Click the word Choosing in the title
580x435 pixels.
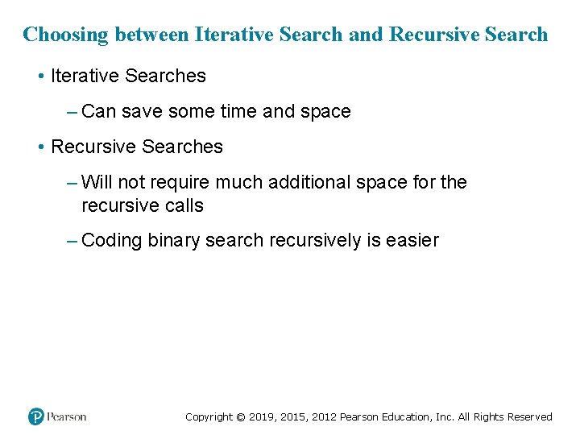66,35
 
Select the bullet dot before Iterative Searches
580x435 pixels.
40,77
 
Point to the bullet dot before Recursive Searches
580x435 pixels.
40,147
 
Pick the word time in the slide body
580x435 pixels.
238,111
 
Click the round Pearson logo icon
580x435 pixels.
36,416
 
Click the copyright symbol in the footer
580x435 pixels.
240,416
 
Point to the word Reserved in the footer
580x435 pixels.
529,416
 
